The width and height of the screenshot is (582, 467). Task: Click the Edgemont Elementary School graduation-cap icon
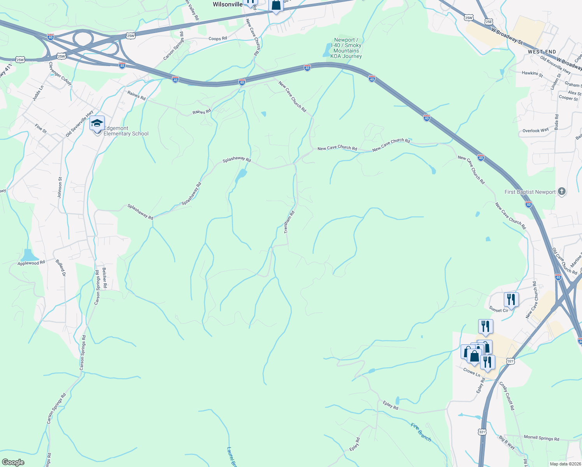(97, 124)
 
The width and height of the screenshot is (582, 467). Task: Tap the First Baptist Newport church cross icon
(561, 191)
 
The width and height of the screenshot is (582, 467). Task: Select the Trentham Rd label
(289, 222)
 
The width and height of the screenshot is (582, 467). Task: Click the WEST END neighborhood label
(542, 52)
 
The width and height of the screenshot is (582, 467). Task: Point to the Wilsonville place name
(228, 4)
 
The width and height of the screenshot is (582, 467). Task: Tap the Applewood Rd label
(31, 263)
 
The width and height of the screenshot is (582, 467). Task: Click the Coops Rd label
(217, 39)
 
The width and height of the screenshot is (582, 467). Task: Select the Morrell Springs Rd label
(541, 438)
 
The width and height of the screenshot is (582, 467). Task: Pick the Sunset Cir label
(499, 310)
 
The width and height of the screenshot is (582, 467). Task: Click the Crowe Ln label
(472, 372)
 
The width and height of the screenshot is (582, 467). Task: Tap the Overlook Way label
(535, 130)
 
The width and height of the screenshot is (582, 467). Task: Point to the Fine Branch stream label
(421, 432)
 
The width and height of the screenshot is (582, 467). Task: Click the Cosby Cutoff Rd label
(507, 396)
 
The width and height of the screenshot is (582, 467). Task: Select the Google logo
(13, 462)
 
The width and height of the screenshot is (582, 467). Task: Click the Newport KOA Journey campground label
(346, 48)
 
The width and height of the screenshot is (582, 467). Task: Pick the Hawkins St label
(532, 73)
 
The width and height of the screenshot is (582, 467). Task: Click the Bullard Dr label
(61, 268)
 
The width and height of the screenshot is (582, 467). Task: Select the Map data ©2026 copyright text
(564, 464)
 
